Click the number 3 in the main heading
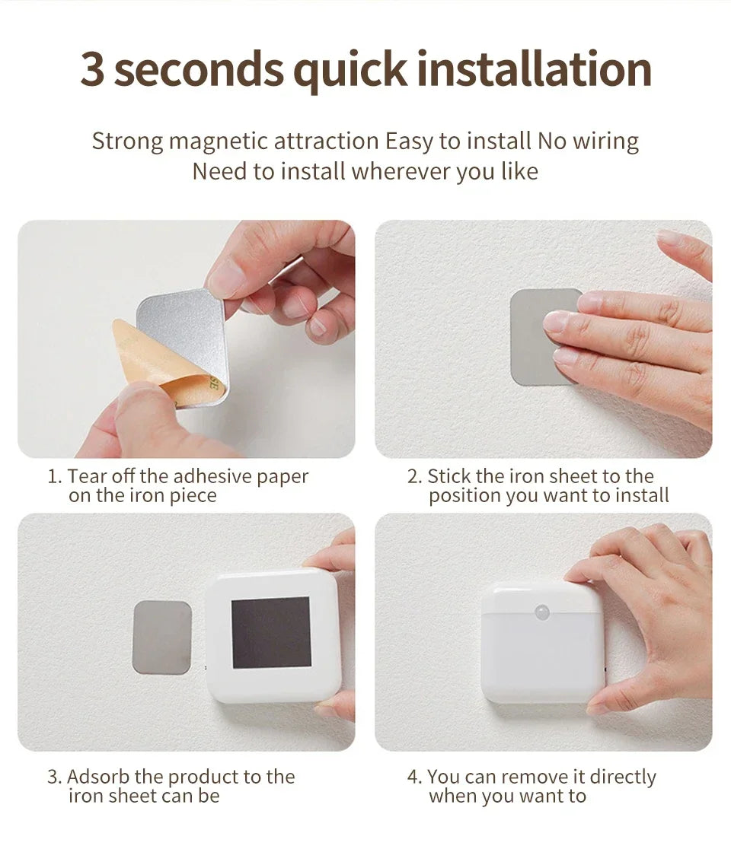click(x=92, y=70)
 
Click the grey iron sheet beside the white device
click(x=161, y=637)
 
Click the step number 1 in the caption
click(x=53, y=477)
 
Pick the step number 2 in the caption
click(x=413, y=477)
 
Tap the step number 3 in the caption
click(x=53, y=777)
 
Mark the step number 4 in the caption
click(x=413, y=777)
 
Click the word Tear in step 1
click(x=83, y=477)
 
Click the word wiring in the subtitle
click(x=606, y=141)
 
